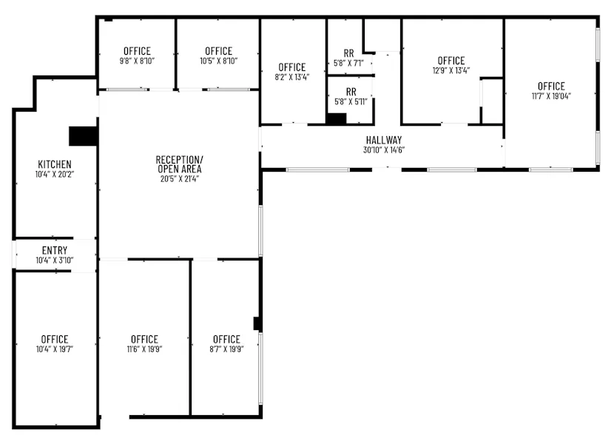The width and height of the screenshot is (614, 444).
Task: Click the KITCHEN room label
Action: point(55,164)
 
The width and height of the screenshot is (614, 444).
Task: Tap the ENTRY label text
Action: point(55,250)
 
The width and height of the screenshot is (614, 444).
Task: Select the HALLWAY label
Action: point(384,140)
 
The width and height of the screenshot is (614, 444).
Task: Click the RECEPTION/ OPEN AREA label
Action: point(179,164)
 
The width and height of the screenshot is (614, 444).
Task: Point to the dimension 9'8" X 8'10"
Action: point(137,61)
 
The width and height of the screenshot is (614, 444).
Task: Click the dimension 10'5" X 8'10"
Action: point(218,61)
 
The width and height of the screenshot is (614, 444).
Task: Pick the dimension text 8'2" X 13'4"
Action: point(292,77)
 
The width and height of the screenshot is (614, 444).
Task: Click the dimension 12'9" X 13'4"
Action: point(451,71)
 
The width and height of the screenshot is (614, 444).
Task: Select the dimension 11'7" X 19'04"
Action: point(551,96)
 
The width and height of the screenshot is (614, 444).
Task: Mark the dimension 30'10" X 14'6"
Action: point(384,150)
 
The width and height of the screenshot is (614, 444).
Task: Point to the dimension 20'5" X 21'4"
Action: point(179,179)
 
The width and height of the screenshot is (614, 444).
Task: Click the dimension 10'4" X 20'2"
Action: point(55,175)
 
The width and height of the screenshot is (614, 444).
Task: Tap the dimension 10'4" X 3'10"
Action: point(55,260)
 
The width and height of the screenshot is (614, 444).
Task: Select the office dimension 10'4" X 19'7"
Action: point(55,349)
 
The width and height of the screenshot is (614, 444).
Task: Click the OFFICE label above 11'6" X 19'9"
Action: point(144,340)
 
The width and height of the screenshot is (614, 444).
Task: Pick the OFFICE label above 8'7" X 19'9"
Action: point(226,340)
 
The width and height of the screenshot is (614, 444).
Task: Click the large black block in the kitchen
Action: point(83,136)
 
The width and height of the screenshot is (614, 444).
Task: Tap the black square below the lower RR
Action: point(337,118)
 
